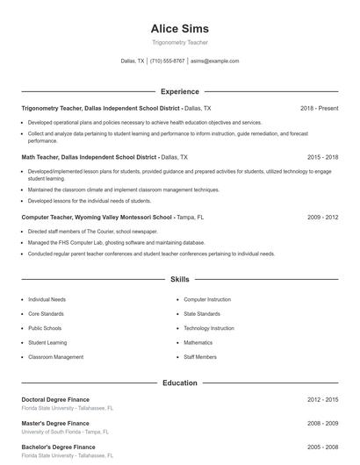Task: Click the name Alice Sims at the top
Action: (180, 29)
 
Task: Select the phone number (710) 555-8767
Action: (167, 61)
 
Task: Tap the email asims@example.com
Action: (214, 61)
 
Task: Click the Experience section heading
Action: (180, 91)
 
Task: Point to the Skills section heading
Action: (180, 280)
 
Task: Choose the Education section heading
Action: (180, 383)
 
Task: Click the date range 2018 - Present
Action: (319, 108)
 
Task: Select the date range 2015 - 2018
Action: (322, 157)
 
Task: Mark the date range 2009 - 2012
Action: (322, 216)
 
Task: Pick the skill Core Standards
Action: (46, 313)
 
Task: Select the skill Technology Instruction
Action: (208, 328)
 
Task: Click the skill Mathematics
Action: (198, 342)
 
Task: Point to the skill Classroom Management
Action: (55, 357)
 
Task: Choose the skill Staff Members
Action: (200, 357)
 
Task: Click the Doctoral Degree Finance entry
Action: (55, 399)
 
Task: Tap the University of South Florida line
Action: (65, 432)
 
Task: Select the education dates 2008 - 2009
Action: (322, 423)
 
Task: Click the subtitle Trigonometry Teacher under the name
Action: (180, 43)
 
